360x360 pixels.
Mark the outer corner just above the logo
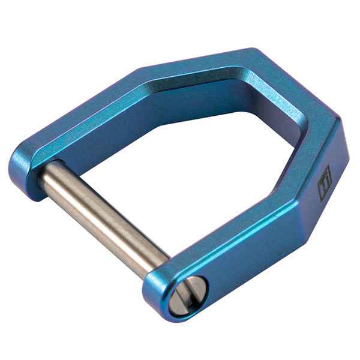click(340, 123)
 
